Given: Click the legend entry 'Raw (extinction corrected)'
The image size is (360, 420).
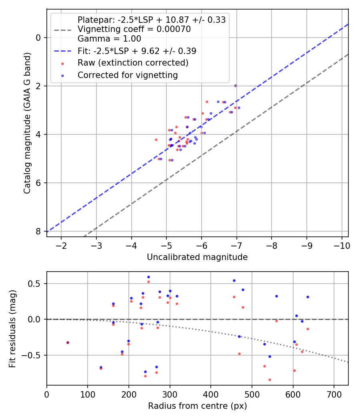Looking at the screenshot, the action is click(133, 63).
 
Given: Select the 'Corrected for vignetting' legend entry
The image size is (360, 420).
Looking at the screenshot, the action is click(128, 75).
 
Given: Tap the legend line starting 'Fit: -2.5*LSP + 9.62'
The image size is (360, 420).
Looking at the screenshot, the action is click(137, 51).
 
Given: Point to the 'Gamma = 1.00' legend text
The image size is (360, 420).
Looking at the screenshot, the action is click(109, 38).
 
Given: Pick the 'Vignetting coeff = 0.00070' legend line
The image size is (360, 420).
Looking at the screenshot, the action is click(134, 29).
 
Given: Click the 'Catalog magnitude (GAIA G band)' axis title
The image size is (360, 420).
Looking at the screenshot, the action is click(27, 123).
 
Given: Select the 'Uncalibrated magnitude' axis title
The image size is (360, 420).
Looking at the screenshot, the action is click(197, 257).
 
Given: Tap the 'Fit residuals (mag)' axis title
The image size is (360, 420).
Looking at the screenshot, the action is click(12, 329).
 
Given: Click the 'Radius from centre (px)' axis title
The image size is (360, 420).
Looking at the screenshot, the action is click(198, 406).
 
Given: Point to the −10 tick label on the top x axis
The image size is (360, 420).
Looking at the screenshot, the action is click(342, 246).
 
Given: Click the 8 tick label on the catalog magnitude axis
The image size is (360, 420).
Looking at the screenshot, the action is click(38, 231).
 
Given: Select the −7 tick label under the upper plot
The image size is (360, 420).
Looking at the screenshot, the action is click(236, 246).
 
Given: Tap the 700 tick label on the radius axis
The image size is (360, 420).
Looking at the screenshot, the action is click(334, 394).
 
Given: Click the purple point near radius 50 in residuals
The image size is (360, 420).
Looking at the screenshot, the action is click(68, 342).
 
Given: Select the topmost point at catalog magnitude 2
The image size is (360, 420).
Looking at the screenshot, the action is click(236, 86).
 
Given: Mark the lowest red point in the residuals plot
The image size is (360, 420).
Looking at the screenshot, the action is click(270, 380).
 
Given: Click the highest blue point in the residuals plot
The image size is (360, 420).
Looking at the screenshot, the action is click(149, 277).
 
